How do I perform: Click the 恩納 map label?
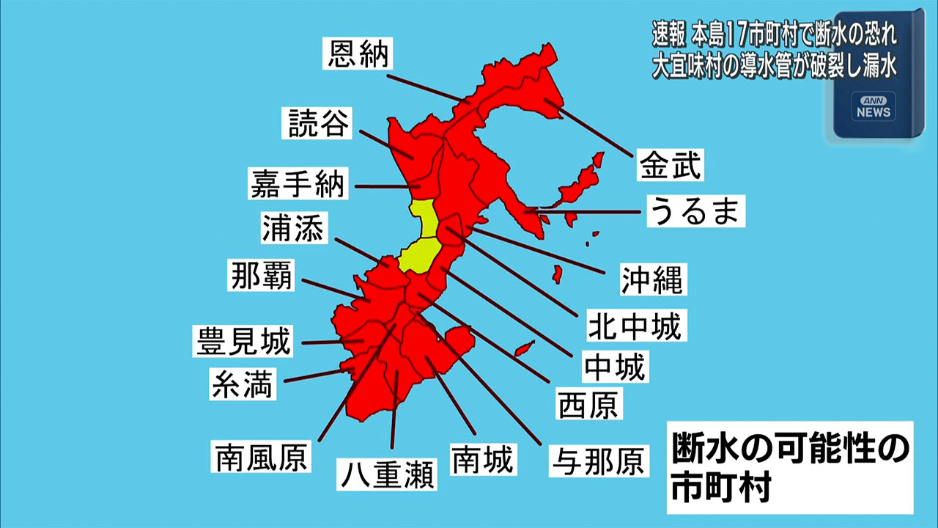pyautogui.click(x=358, y=54)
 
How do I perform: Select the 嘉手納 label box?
pyautogui.click(x=297, y=182)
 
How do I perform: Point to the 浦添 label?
pyautogui.click(x=292, y=228)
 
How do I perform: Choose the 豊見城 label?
pyautogui.click(x=243, y=340)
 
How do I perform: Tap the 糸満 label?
pyautogui.click(x=243, y=383)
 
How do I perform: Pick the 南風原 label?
pyautogui.click(x=261, y=456)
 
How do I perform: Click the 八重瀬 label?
pyautogui.click(x=386, y=474)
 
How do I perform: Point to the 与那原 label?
pyautogui.click(x=599, y=461)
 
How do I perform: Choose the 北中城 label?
pyautogui.click(x=634, y=324)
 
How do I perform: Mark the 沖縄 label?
pyautogui.click(x=651, y=278)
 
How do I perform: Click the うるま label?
pyautogui.click(x=695, y=211)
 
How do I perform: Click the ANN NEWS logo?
pyautogui.click(x=874, y=108)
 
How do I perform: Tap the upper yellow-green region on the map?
pyautogui.click(x=424, y=218)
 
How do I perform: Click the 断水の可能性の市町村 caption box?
pyautogui.click(x=790, y=468)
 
